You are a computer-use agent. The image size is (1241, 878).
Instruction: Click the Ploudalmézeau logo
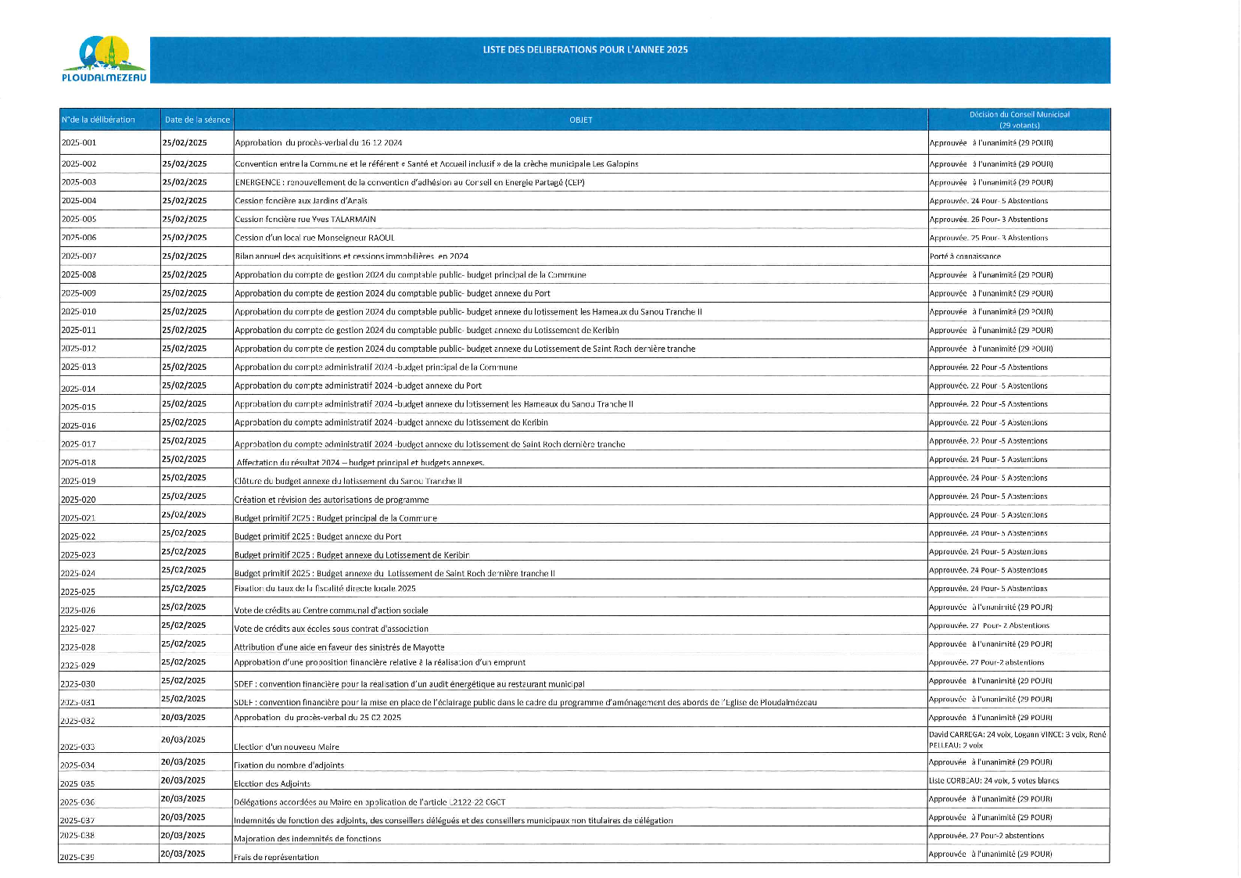(x=104, y=59)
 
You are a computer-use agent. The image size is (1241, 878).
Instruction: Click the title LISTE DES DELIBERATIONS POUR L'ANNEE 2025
(x=585, y=49)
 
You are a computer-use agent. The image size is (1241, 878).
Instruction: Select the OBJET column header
(x=580, y=120)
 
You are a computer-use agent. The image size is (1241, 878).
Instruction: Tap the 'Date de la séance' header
(x=197, y=120)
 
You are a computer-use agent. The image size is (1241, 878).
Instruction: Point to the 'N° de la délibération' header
(x=99, y=120)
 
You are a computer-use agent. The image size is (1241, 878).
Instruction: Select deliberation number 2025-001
(x=79, y=143)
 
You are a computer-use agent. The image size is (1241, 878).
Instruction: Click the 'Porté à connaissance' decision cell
(x=964, y=256)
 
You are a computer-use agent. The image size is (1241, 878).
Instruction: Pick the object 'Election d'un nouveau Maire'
(x=286, y=747)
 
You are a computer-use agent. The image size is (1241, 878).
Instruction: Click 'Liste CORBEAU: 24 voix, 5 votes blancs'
(x=993, y=780)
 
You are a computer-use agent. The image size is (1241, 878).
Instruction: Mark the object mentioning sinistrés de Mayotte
(x=339, y=647)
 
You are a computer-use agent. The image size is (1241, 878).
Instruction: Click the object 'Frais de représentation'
(x=276, y=857)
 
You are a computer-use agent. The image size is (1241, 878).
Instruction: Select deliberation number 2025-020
(x=78, y=500)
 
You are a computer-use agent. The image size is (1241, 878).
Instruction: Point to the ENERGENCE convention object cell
(x=409, y=182)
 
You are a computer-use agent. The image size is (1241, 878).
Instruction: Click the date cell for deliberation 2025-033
(x=183, y=740)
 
